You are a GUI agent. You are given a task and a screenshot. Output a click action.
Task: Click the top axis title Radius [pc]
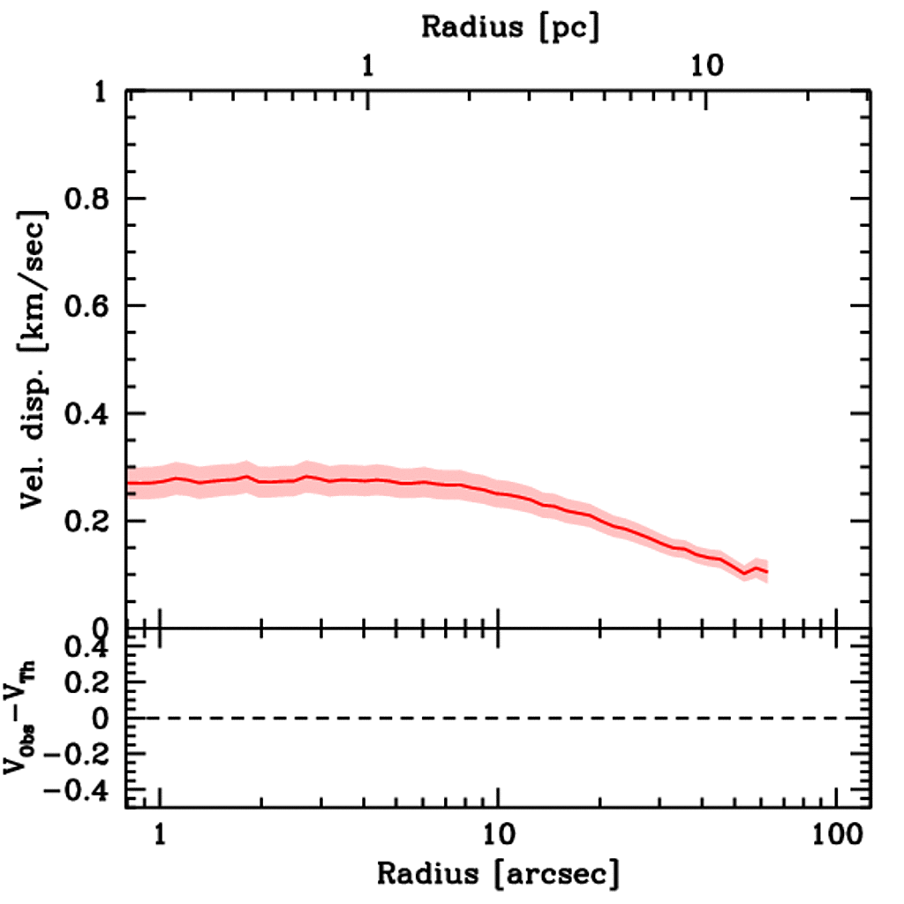(509, 26)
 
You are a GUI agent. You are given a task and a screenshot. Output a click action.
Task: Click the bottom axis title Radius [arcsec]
(498, 874)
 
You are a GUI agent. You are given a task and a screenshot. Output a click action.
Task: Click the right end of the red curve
(767, 572)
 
